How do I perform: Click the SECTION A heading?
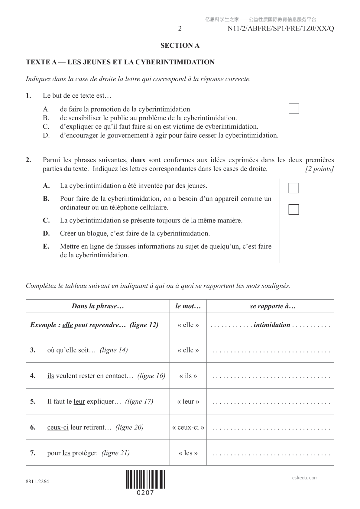180,46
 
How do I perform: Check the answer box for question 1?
294,109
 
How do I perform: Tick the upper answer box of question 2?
294,188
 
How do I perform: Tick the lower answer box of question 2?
294,209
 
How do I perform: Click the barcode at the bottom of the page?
146,479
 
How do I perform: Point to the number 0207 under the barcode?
146,493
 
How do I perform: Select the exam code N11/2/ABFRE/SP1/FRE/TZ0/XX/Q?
281,29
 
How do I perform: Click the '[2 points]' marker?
319,169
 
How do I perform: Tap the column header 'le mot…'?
188,306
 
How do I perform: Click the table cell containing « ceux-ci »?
188,427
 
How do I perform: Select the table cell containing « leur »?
188,402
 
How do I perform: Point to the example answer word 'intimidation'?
272,325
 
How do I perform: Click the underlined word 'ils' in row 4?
50,376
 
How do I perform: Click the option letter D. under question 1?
46,135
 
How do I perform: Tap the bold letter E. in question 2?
46,246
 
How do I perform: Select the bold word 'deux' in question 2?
138,160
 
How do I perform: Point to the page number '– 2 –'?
180,29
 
